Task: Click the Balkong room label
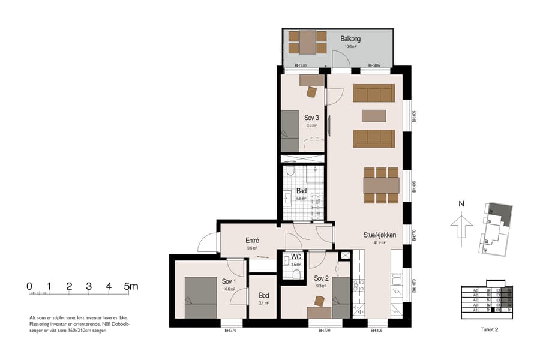pyautogui.click(x=350, y=39)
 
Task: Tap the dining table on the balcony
pyautogui.click(x=307, y=42)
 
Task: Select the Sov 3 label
pyautogui.click(x=311, y=118)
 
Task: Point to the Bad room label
pyautogui.click(x=301, y=191)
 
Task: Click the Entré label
pyautogui.click(x=252, y=241)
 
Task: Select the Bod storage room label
pyautogui.click(x=264, y=296)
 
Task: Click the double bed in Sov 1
pyautogui.click(x=200, y=297)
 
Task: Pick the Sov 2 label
pyautogui.click(x=322, y=278)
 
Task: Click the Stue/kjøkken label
pyautogui.click(x=379, y=235)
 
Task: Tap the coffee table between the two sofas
pyautogui.click(x=374, y=115)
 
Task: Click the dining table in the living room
pyautogui.click(x=381, y=185)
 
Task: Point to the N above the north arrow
pyautogui.click(x=461, y=204)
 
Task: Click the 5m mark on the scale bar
pyautogui.click(x=130, y=286)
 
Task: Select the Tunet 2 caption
pyautogui.click(x=490, y=329)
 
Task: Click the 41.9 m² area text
pyautogui.click(x=379, y=243)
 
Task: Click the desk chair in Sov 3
pyautogui.click(x=311, y=92)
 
